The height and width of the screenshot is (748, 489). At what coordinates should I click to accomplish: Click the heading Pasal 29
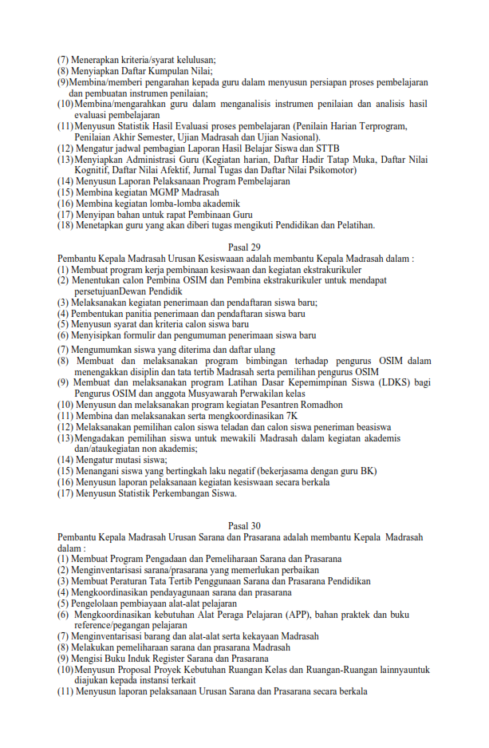(x=244, y=247)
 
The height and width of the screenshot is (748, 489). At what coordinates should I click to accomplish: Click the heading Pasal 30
(x=244, y=526)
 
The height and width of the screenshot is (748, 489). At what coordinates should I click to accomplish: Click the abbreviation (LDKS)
(x=392, y=382)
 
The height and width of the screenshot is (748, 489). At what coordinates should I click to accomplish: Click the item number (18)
(x=65, y=226)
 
